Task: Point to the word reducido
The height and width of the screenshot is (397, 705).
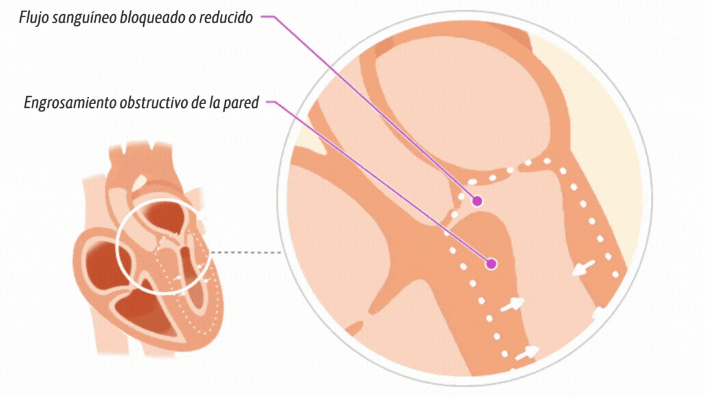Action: pyautogui.click(x=226, y=18)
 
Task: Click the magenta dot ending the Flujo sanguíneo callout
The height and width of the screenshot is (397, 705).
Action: pyautogui.click(x=477, y=200)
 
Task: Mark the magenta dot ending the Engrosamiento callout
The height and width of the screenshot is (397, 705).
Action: pyautogui.click(x=491, y=264)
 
